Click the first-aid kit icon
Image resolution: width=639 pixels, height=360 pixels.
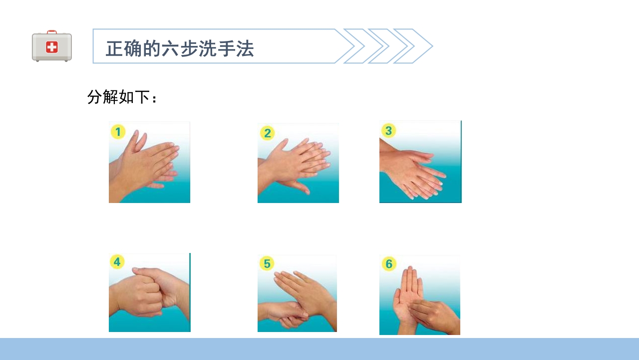coord(52,46)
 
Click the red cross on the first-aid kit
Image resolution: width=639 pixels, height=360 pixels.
coord(52,47)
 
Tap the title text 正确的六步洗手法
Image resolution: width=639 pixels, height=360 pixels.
coord(180,48)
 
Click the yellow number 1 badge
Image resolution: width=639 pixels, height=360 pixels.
coord(118,132)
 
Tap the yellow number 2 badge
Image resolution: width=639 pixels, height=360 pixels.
coord(268,133)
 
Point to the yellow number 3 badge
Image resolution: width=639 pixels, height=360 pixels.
coord(388,130)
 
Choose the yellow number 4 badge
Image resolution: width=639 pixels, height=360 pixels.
coord(117,262)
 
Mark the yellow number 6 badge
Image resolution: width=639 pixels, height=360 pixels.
coord(389,263)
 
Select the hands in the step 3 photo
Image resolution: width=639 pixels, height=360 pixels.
coord(414,172)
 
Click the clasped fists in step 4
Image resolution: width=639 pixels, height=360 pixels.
coord(150,292)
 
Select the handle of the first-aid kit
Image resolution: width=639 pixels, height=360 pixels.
coord(52,32)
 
